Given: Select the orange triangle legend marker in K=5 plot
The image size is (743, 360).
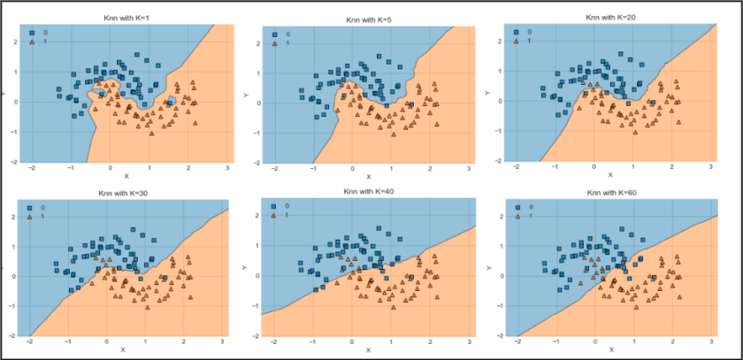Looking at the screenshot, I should click(276, 42).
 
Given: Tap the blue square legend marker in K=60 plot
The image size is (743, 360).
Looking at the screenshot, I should click(519, 206).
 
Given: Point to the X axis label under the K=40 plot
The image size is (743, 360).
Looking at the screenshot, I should click(368, 351).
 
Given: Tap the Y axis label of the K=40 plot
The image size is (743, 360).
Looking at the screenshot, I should click(244, 266).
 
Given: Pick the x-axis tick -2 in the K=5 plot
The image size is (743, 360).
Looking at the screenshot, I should click(275, 169).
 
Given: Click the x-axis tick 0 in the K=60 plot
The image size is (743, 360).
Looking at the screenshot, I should click(594, 343).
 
